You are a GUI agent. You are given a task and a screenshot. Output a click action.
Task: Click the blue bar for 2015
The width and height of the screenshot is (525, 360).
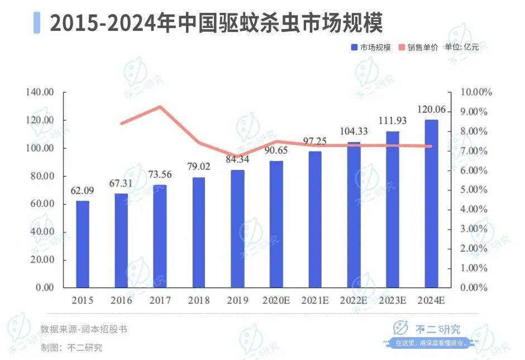point(83,244)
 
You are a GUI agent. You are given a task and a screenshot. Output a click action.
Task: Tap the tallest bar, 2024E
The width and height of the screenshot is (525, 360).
point(432,203)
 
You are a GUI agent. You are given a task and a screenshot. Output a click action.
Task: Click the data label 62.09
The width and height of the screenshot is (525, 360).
point(82,191)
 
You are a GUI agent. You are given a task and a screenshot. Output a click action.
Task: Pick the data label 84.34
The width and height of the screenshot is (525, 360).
point(237,160)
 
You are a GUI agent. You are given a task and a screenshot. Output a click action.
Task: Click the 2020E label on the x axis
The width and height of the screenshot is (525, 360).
point(276,301)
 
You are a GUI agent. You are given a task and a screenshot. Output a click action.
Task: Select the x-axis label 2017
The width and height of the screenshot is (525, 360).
point(160,301)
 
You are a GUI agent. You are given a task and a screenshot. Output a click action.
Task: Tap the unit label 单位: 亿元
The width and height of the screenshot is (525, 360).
point(462,48)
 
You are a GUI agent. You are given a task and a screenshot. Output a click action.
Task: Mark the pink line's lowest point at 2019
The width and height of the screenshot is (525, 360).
point(237,157)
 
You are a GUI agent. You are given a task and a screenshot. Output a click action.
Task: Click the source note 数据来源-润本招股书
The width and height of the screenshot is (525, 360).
point(84,329)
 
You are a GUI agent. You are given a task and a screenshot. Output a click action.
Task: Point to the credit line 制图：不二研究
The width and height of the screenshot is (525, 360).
point(71,347)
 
